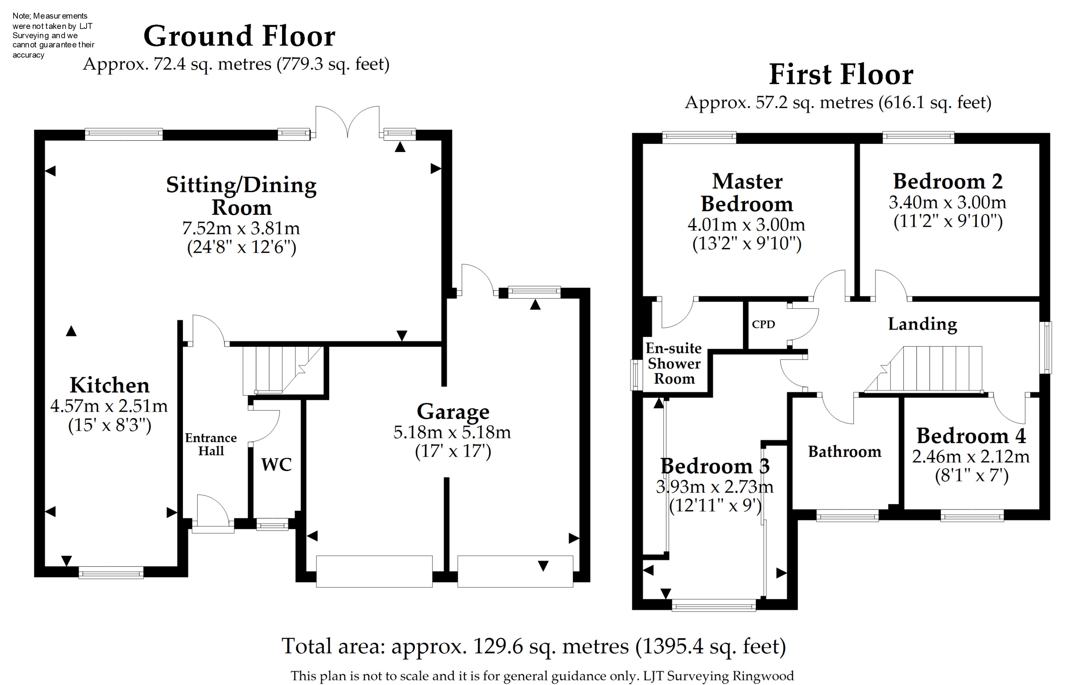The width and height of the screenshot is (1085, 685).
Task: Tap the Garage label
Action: click(453, 412)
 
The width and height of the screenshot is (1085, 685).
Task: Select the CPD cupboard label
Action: click(763, 324)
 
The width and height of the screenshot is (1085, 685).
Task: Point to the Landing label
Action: click(922, 324)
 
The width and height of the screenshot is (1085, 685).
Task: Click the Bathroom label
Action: click(844, 452)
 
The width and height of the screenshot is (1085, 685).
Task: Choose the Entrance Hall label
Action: click(211, 444)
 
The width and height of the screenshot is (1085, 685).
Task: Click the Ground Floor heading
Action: click(239, 36)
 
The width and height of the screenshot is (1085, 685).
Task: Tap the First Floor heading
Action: click(841, 75)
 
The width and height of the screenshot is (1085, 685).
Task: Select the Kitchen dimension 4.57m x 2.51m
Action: click(109, 406)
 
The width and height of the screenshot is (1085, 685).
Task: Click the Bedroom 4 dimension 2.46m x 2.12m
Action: click(971, 457)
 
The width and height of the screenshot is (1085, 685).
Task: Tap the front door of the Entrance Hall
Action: click(213, 516)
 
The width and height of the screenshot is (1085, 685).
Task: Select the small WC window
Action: click(272, 524)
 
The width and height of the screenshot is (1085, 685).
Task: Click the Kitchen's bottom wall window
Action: click(111, 573)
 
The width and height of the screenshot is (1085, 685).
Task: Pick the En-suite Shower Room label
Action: click(674, 363)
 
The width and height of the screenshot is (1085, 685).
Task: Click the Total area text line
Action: click(534, 646)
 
